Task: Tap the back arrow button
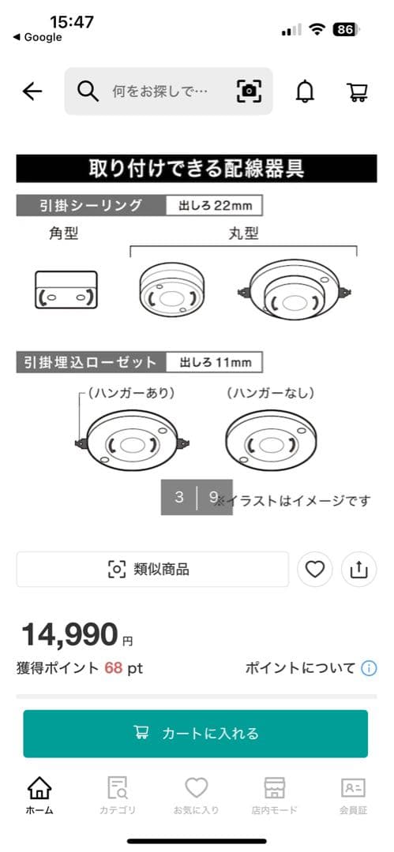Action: (32, 92)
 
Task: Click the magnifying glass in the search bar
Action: (88, 92)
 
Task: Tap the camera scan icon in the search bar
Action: (249, 92)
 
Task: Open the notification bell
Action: (305, 92)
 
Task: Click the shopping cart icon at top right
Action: (357, 92)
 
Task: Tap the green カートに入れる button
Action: (195, 734)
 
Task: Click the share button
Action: (358, 569)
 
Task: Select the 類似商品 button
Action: (152, 569)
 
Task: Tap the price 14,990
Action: (71, 633)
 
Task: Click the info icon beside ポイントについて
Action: (369, 668)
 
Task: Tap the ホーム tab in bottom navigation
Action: (39, 795)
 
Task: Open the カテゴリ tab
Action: (118, 795)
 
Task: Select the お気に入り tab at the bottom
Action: (196, 795)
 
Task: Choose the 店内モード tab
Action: (274, 795)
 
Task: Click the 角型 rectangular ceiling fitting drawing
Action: (66, 290)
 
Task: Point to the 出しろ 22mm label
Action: (214, 206)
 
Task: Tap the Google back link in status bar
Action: (37, 37)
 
